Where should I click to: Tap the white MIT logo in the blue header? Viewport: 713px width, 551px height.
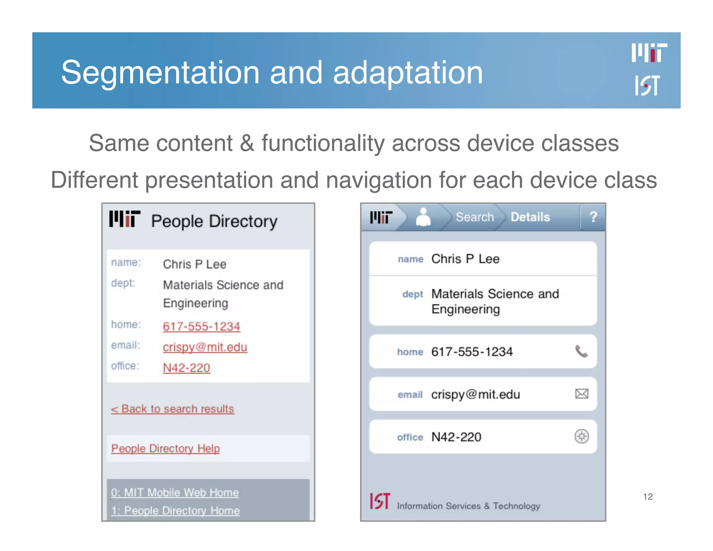(x=649, y=53)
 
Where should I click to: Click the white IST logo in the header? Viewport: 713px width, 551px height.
(x=647, y=85)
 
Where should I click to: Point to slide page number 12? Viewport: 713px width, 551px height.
(x=648, y=496)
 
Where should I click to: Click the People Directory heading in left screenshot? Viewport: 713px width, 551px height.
(x=214, y=222)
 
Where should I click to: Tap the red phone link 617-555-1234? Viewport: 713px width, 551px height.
(x=201, y=326)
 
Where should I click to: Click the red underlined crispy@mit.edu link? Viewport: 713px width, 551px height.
(x=205, y=347)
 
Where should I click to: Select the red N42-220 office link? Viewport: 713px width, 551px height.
(x=186, y=368)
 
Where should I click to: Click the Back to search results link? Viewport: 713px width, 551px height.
(x=173, y=409)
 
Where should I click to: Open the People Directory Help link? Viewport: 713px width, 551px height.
(x=165, y=448)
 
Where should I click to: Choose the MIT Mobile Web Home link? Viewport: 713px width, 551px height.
(x=175, y=492)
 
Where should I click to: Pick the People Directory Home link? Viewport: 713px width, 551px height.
(x=175, y=511)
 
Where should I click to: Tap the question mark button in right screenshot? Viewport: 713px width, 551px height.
(x=593, y=217)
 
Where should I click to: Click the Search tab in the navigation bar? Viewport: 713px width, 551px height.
(x=475, y=217)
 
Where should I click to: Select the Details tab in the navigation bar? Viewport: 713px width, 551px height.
(x=530, y=217)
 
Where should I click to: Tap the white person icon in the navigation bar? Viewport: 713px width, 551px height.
(x=423, y=217)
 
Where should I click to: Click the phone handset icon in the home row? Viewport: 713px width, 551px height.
(x=581, y=351)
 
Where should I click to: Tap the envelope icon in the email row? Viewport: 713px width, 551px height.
(x=581, y=394)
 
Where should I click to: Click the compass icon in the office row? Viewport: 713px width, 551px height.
(x=581, y=436)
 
